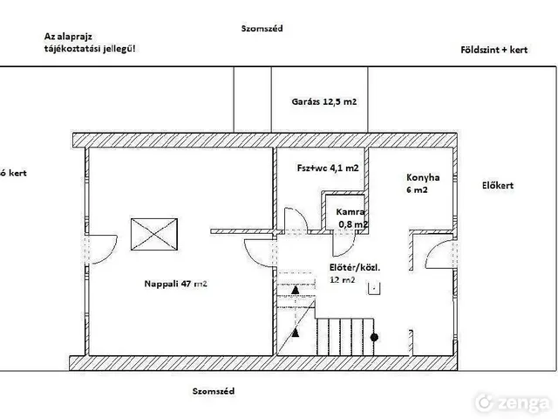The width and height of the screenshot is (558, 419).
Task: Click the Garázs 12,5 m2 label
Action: pyautogui.click(x=323, y=102)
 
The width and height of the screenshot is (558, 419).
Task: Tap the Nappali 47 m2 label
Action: pyautogui.click(x=176, y=284)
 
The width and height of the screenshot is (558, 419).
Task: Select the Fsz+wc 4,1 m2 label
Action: pyautogui.click(x=328, y=168)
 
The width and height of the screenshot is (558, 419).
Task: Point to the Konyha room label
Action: pyautogui.click(x=423, y=177)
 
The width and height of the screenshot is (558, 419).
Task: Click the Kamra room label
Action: pyautogui.click(x=350, y=212)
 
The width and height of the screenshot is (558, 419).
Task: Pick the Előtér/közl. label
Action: pyautogui.click(x=355, y=268)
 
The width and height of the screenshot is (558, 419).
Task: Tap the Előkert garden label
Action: pyautogui.click(x=498, y=186)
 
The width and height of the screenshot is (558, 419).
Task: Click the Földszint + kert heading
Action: pyautogui.click(x=494, y=50)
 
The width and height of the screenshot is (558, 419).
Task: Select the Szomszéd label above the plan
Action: pyautogui.click(x=262, y=29)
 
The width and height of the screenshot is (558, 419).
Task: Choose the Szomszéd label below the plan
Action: pyautogui.click(x=214, y=391)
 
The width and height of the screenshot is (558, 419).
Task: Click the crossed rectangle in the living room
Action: pyautogui.click(x=154, y=235)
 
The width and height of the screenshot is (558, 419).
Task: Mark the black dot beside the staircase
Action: pyautogui.click(x=374, y=337)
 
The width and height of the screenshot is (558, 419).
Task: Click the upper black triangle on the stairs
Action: pyautogui.click(x=295, y=290)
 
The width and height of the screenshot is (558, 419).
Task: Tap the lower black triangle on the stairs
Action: pyautogui.click(x=295, y=333)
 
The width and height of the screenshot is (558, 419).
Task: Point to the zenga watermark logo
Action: pyautogui.click(x=512, y=402)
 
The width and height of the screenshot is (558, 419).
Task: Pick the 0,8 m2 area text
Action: pyautogui.click(x=353, y=224)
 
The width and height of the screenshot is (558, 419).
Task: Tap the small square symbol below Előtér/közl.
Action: pyautogui.click(x=374, y=289)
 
